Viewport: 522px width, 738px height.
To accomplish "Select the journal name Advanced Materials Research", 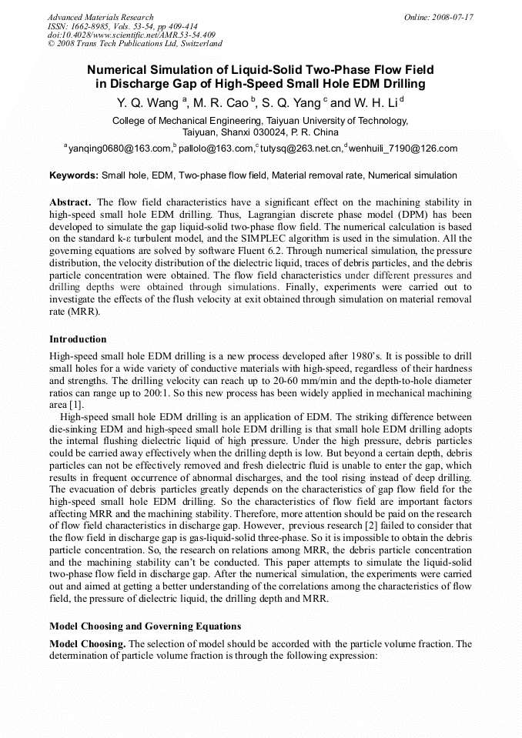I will [x=100, y=17].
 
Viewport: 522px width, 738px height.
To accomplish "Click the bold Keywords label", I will [x=74, y=175].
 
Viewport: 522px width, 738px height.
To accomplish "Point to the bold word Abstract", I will [x=70, y=202].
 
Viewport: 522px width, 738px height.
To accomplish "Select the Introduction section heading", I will [x=78, y=339].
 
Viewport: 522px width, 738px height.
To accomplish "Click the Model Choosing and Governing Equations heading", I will [x=145, y=626].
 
